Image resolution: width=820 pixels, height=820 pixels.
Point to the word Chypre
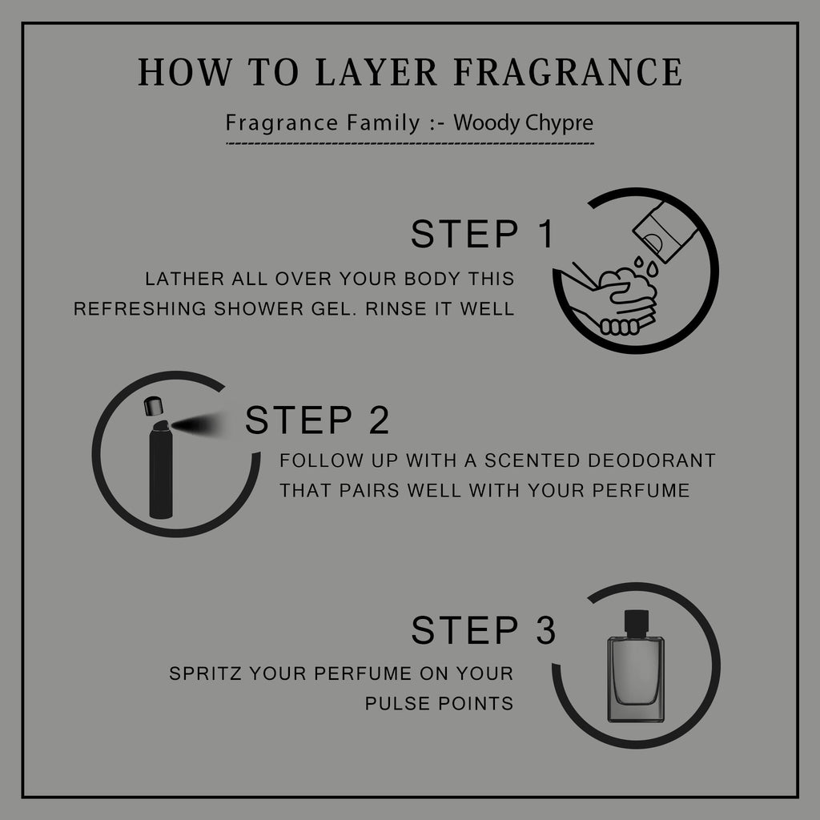[x=559, y=123]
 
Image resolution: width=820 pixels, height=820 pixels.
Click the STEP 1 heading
[x=482, y=234]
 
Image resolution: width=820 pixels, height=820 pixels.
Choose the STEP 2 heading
[x=317, y=420]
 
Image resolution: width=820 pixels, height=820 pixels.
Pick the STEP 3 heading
[x=483, y=629]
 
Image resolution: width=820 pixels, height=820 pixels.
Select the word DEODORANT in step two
[x=652, y=460]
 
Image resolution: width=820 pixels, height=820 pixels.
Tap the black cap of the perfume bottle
[x=637, y=622]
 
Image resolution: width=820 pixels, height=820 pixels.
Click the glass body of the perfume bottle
[x=636, y=679]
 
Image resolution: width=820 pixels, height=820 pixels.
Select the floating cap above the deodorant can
[x=153, y=406]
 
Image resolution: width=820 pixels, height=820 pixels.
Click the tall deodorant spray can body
[x=160, y=471]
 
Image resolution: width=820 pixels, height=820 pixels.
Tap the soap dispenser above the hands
[x=665, y=231]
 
